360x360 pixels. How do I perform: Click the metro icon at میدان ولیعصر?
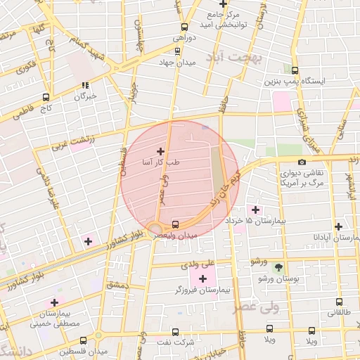[175, 225]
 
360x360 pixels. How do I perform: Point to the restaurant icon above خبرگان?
[86, 86]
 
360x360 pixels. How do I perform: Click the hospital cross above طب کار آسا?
[160, 151]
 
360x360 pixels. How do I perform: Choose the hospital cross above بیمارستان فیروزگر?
[202, 279]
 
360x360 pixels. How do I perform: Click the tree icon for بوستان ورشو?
[279, 268]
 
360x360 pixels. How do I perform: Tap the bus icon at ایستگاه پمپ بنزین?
[295, 70]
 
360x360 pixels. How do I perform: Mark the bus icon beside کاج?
[46, 98]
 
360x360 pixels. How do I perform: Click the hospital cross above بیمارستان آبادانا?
[339, 226]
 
